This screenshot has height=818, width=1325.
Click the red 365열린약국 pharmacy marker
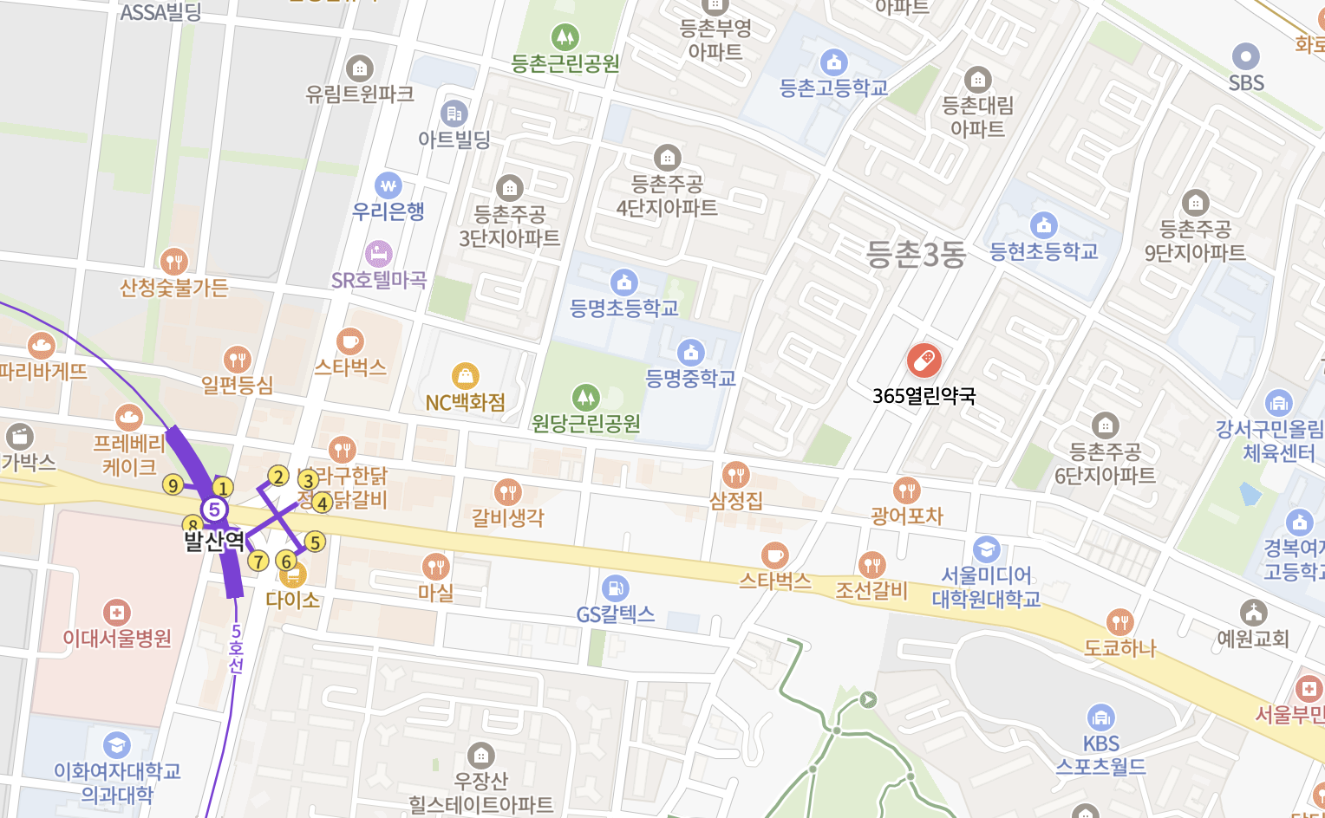pyautogui.click(x=924, y=360)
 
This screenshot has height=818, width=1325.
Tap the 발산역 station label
pyautogui.click(x=214, y=541)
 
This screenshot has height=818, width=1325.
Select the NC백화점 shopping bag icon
pyautogui.click(x=466, y=376)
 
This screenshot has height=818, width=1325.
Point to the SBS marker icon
pyautogui.click(x=1246, y=57)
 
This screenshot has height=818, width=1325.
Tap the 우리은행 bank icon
pyautogui.click(x=388, y=185)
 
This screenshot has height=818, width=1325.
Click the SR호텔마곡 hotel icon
pyautogui.click(x=379, y=254)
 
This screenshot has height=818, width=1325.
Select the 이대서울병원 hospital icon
pyautogui.click(x=116, y=613)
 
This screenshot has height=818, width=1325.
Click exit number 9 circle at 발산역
pyautogui.click(x=173, y=485)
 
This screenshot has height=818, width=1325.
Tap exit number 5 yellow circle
pyautogui.click(x=315, y=542)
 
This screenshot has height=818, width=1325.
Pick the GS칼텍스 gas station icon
pyautogui.click(x=615, y=588)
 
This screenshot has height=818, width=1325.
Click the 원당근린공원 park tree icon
pyautogui.click(x=586, y=398)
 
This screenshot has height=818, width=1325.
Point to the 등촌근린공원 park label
pyautogui.click(x=565, y=63)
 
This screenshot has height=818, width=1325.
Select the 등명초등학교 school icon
pyautogui.click(x=624, y=282)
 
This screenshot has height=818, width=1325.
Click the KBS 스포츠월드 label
pyautogui.click(x=1100, y=755)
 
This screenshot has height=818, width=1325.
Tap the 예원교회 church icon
pyautogui.click(x=1253, y=613)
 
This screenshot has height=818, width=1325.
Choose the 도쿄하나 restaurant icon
pyautogui.click(x=1120, y=622)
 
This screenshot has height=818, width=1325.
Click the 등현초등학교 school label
pyautogui.click(x=1044, y=252)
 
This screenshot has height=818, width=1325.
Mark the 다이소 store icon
pyautogui.click(x=293, y=575)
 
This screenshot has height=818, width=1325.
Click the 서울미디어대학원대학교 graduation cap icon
pyautogui.click(x=986, y=549)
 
